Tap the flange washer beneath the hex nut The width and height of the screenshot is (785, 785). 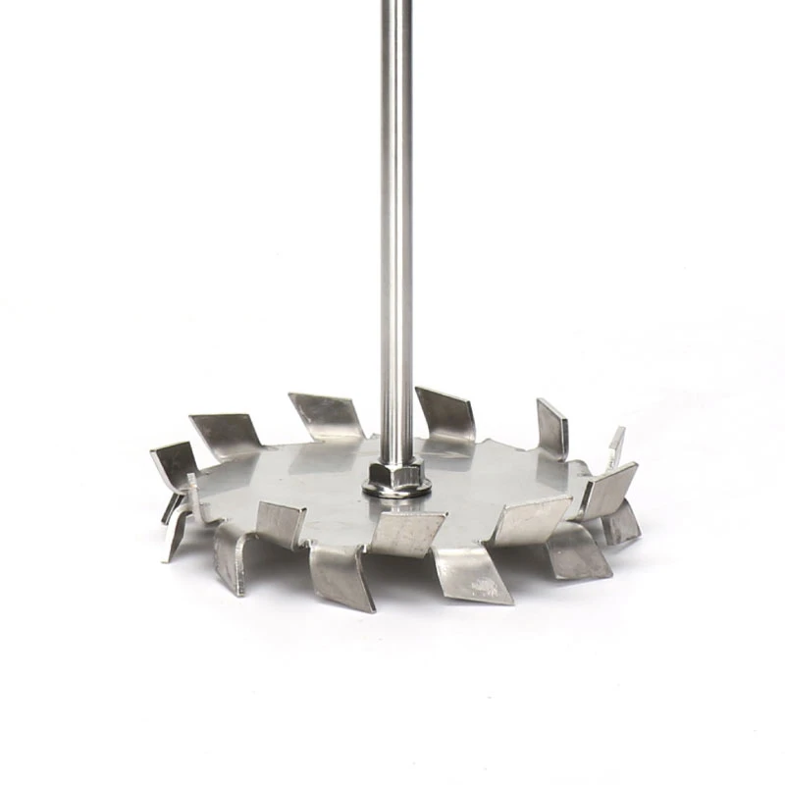(394, 492)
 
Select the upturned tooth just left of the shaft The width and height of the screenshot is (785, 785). (327, 416)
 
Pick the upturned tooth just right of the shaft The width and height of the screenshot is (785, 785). (446, 413)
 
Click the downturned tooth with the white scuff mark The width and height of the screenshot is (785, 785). (473, 574)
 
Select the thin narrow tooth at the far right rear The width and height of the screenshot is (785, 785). (615, 445)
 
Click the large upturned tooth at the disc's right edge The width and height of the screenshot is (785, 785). (608, 491)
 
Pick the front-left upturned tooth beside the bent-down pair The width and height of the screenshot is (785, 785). (281, 523)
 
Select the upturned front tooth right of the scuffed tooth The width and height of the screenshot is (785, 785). (530, 520)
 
